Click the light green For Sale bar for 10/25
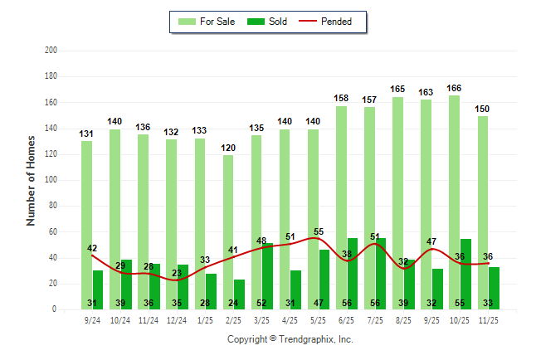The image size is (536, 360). [455, 202]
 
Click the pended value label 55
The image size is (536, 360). [319, 231]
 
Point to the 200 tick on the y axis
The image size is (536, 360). [51, 51]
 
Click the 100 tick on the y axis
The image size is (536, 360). [51, 180]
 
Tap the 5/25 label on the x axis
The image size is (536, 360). [319, 319]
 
